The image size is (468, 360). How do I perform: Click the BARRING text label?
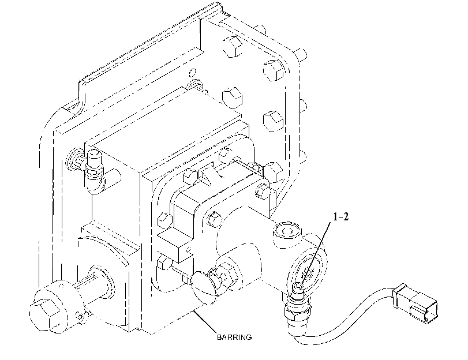[x=234, y=337]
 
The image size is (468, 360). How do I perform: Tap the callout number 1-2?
[x=340, y=217]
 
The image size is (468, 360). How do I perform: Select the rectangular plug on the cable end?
[x=415, y=303]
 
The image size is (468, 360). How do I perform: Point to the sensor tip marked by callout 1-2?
[x=298, y=287]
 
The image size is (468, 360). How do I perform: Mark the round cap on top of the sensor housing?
[x=287, y=231]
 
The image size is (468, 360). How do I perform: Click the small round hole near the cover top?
[x=193, y=73]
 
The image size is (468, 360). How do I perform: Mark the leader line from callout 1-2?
[x=316, y=253]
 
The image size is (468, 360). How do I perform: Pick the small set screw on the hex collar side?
[x=78, y=316]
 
